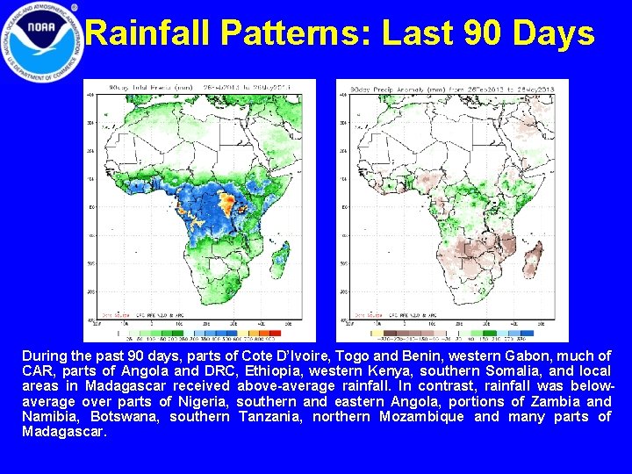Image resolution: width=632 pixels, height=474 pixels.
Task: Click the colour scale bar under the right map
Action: point(452,332)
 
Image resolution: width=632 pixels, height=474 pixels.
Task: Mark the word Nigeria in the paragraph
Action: point(198,401)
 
